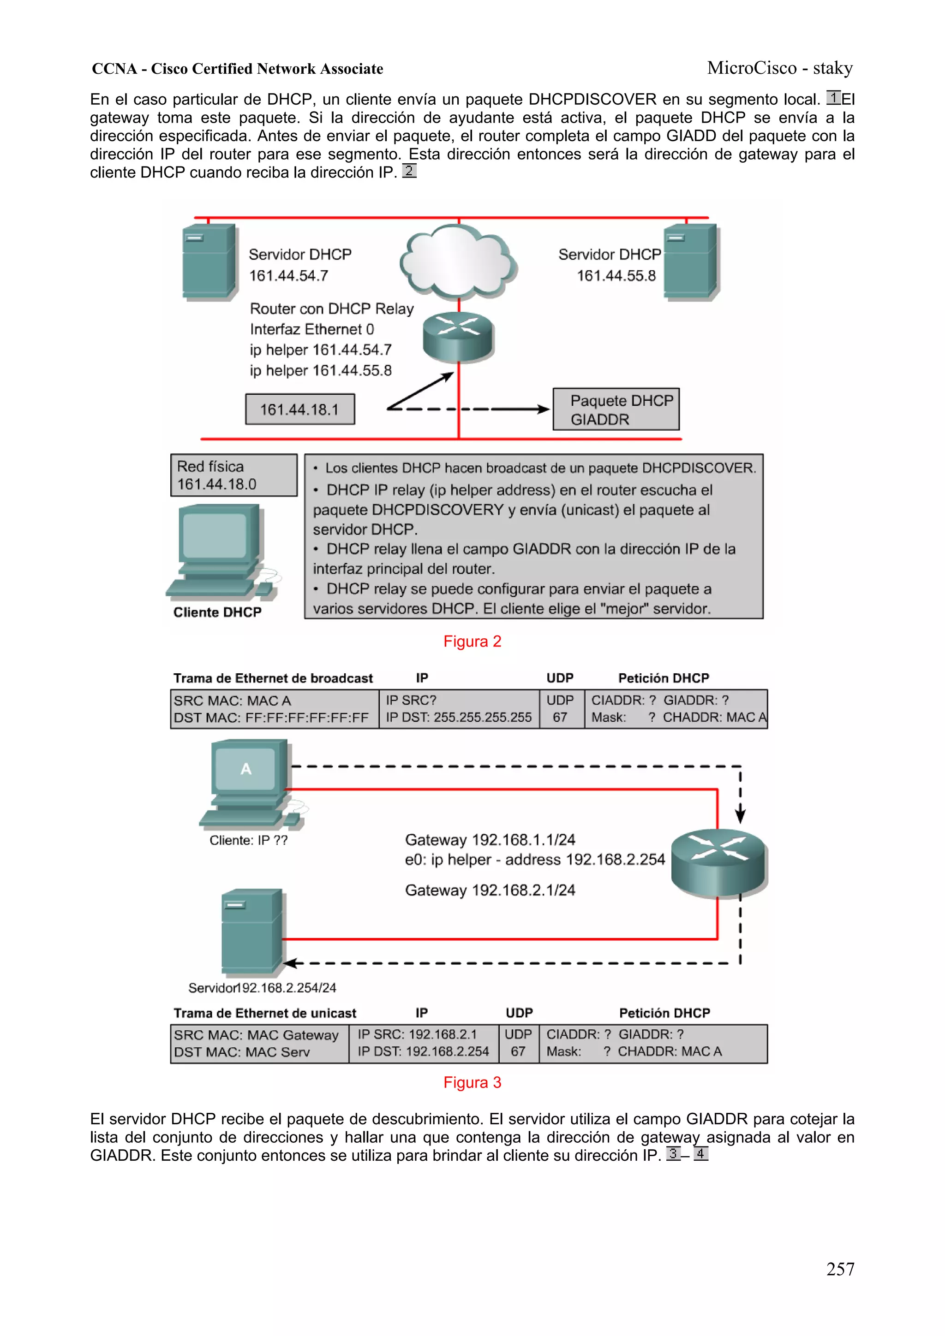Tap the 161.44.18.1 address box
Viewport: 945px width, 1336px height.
(x=299, y=410)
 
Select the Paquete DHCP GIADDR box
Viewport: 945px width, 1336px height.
(x=616, y=410)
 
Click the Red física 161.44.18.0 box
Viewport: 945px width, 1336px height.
(x=233, y=475)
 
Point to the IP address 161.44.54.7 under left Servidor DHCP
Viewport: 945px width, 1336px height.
(x=289, y=276)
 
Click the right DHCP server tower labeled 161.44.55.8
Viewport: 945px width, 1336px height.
(x=691, y=262)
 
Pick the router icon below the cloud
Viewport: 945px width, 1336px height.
(x=458, y=336)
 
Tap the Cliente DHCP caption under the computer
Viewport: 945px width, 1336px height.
(x=217, y=612)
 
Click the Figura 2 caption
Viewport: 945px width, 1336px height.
(x=472, y=641)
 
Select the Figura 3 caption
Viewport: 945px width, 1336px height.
(x=472, y=1082)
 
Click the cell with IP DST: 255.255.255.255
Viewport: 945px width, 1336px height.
(x=458, y=717)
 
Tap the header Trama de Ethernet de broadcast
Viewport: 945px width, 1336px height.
(x=273, y=678)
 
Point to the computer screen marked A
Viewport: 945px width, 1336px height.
(x=246, y=769)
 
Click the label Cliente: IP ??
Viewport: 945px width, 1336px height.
(x=248, y=840)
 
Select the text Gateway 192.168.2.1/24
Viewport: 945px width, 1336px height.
(x=490, y=890)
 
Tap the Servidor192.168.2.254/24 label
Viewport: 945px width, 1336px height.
(x=262, y=987)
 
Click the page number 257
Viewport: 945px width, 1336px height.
(x=840, y=1269)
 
